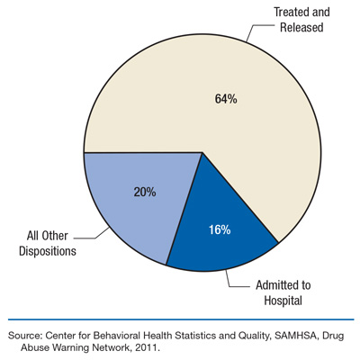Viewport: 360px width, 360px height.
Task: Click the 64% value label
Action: pyautogui.click(x=225, y=99)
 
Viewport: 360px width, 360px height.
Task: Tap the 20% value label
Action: pyautogui.click(x=145, y=192)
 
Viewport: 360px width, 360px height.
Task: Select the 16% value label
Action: pyautogui.click(x=218, y=230)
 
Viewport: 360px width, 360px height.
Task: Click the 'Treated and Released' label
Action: pyautogui.click(x=302, y=19)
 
